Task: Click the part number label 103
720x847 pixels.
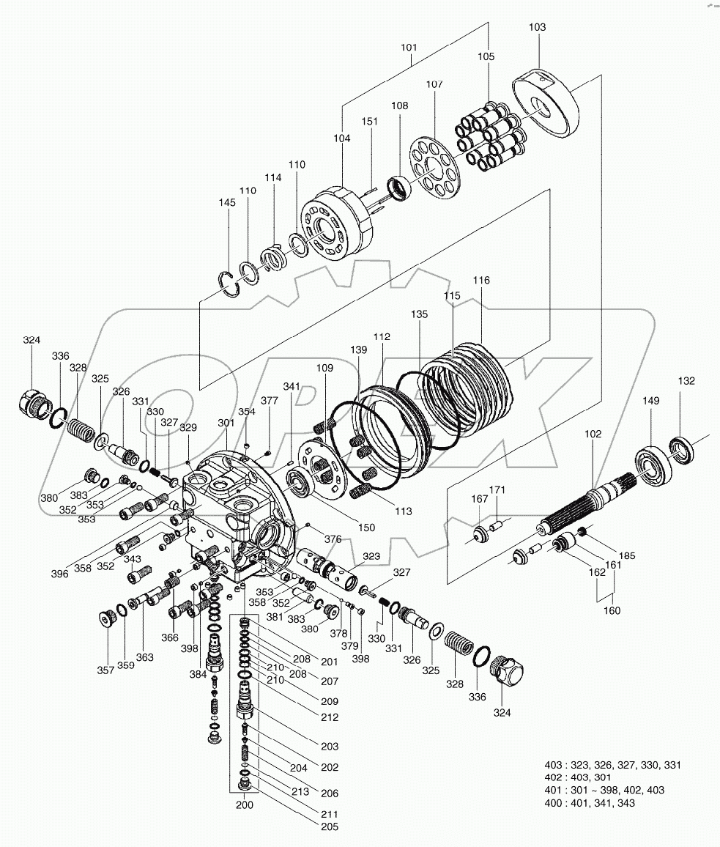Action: tap(537, 27)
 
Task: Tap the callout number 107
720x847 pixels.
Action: tap(434, 84)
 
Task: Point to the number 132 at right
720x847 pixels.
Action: tap(686, 381)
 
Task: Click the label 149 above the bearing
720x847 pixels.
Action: tap(651, 401)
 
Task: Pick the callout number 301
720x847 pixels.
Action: tap(226, 423)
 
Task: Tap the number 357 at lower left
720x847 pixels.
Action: tap(108, 670)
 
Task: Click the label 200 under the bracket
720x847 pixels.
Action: tap(245, 805)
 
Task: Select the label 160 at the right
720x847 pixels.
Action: tap(610, 610)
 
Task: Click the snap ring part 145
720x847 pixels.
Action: tap(231, 284)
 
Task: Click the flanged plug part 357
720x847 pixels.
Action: tap(108, 619)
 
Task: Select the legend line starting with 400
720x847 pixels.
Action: tap(590, 803)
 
